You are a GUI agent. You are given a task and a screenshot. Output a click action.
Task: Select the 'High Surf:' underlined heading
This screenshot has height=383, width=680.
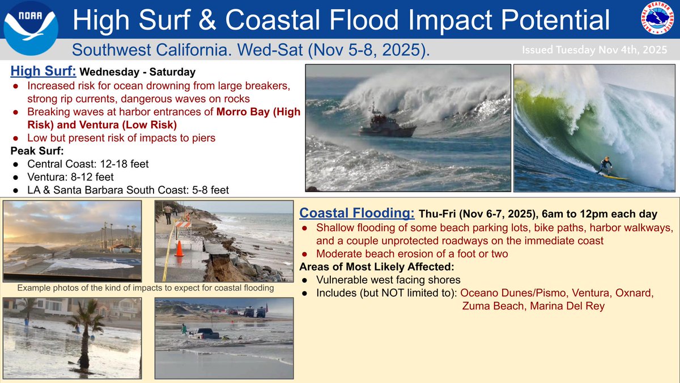coord(43,72)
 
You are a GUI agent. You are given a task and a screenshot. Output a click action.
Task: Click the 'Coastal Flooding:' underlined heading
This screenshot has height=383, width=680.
coord(357,213)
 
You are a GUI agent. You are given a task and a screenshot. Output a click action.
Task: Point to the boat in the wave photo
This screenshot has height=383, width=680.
coord(386,124)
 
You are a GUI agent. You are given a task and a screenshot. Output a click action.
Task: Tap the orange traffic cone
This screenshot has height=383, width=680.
coord(179,249)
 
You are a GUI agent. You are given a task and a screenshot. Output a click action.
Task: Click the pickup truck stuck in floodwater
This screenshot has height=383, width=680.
coord(205,333)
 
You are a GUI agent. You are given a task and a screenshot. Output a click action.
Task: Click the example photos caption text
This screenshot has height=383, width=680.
coord(146,288)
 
